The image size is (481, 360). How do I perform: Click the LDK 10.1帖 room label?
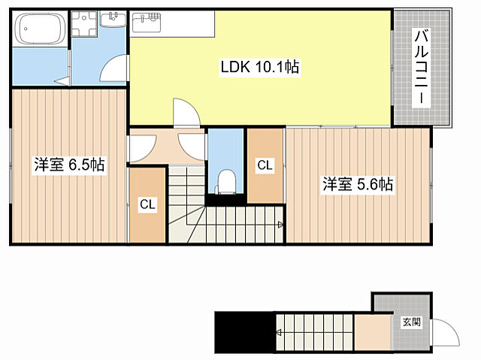tap(259, 67)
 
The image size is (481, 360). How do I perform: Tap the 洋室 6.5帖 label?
tap(69, 165)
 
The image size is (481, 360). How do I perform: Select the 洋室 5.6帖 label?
tap(358, 184)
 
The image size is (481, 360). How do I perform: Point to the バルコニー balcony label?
tap(422, 67)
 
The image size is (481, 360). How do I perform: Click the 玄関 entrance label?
tap(411, 322)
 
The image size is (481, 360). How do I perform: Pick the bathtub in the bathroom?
tap(40, 29)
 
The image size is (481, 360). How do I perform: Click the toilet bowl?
tap(226, 182)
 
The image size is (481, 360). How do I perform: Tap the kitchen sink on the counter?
tap(147, 23)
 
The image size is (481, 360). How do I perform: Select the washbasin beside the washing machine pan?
tap(113, 20)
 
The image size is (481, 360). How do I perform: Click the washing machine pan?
tap(83, 23)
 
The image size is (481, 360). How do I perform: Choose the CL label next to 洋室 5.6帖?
tap(265, 165)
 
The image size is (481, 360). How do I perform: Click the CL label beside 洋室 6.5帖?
tap(147, 204)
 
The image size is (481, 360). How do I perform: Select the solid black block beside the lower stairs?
tap(244, 332)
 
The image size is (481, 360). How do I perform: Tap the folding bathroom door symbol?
tap(63, 81)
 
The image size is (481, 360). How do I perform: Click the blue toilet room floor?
tap(226, 160)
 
